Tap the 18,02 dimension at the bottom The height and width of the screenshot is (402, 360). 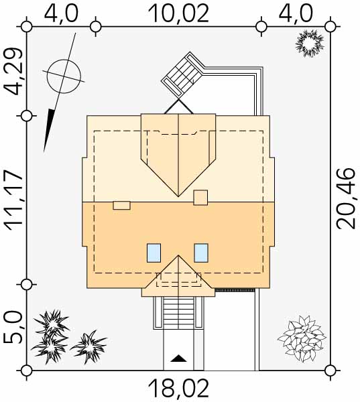click(x=178, y=389)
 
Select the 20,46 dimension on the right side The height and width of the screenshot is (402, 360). click(x=346, y=198)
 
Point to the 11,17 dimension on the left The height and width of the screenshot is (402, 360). click(x=13, y=200)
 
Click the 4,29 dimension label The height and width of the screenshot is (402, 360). click(x=13, y=72)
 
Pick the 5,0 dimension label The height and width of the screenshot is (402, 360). click(x=13, y=328)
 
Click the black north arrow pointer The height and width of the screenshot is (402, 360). click(x=49, y=130)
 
